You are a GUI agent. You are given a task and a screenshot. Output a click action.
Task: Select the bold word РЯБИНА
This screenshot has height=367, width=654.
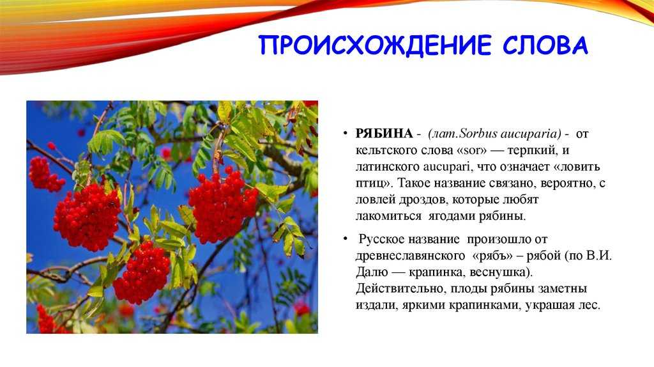point(384,134)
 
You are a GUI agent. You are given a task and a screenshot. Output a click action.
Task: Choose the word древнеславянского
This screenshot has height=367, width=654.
point(410,256)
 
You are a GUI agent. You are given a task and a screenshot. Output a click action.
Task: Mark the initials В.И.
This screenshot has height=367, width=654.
point(598,256)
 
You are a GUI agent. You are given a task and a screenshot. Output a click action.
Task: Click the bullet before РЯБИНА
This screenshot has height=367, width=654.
point(345,133)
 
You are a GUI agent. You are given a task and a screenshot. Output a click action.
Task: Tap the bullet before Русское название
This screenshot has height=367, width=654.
point(345,239)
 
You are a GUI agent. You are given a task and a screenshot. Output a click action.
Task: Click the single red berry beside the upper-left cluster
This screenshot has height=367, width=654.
point(51,146)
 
